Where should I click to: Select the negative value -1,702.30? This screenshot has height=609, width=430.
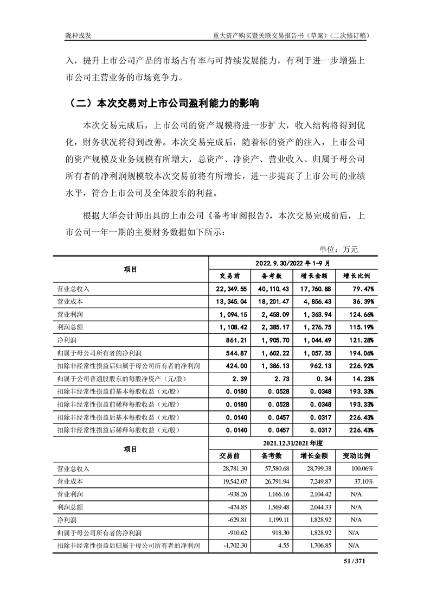(x=233, y=545)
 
